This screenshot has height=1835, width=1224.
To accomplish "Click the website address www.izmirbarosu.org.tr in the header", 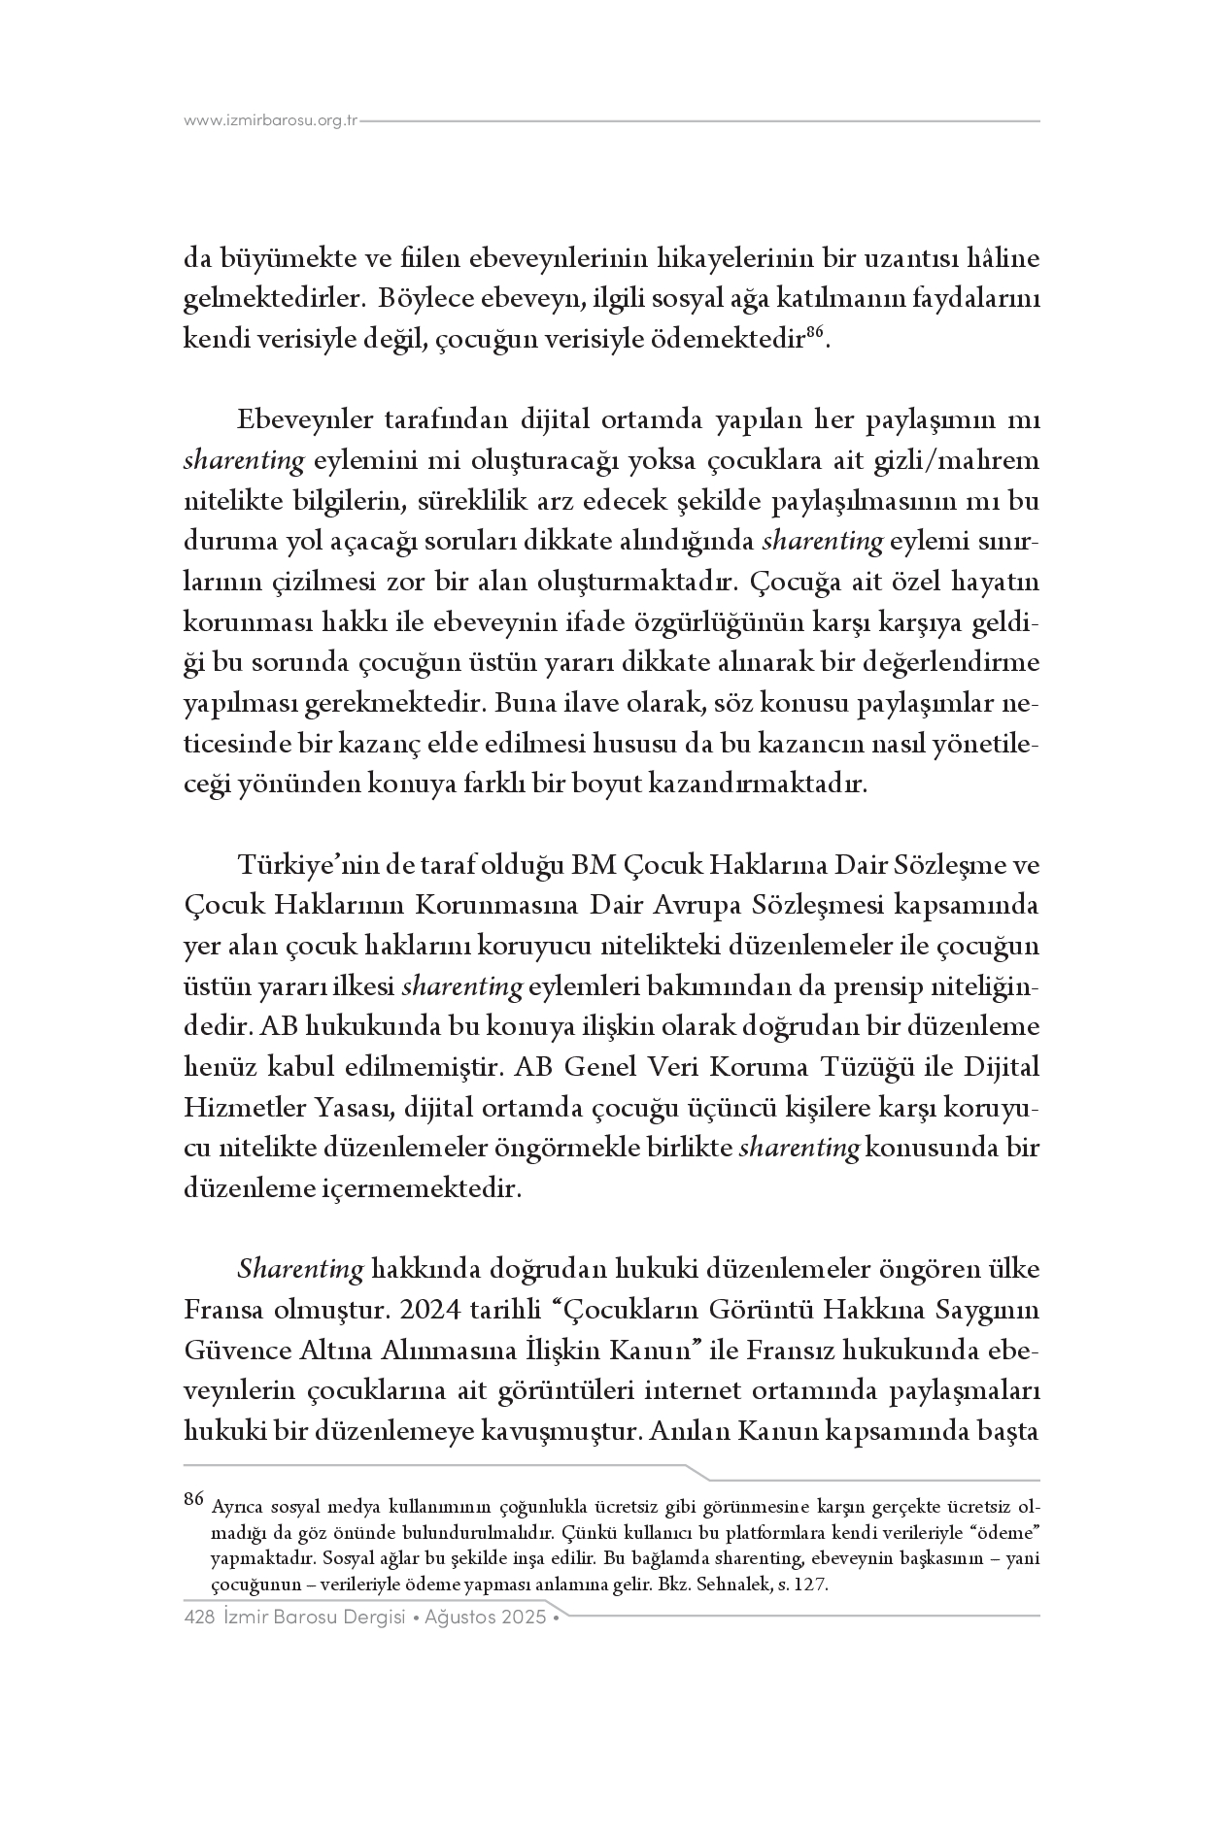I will click(x=271, y=121).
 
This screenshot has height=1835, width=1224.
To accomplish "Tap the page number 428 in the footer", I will click(x=198, y=1618).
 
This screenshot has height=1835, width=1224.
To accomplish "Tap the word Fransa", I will click(x=222, y=1310).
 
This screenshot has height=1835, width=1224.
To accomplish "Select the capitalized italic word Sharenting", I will click(x=300, y=1269).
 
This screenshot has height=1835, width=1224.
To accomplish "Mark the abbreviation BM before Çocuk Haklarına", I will click(x=592, y=864).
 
